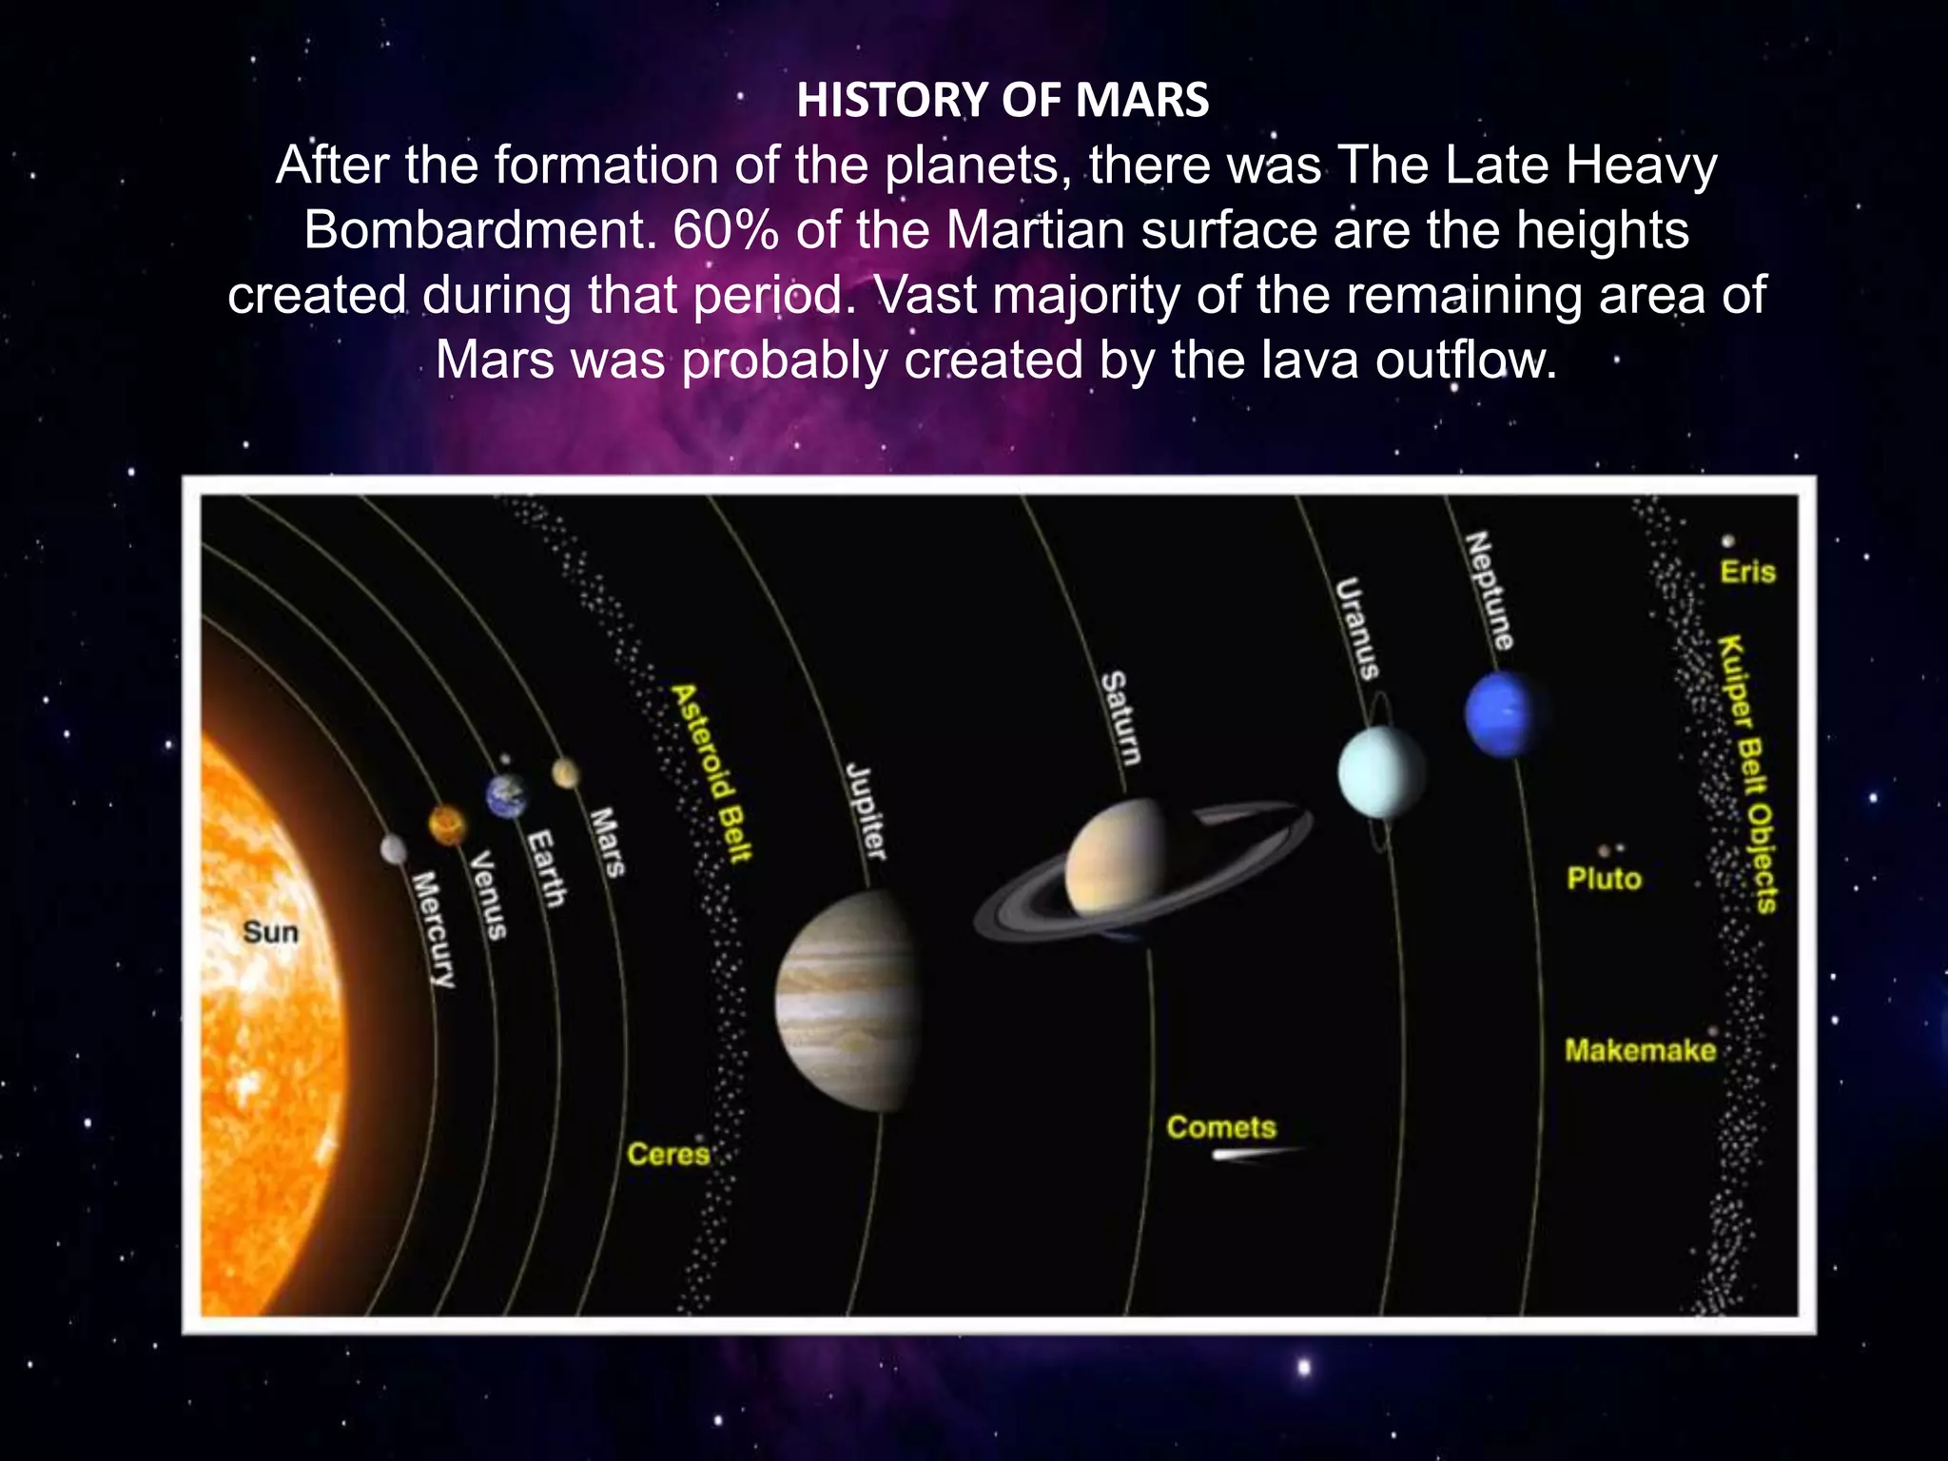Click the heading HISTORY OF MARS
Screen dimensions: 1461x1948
tap(1003, 100)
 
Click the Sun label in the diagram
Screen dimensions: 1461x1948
tap(270, 931)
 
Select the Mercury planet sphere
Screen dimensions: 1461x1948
tap(394, 848)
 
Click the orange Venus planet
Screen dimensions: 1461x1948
tap(446, 824)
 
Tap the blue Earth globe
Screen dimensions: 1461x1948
tap(506, 795)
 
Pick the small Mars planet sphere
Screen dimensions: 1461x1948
tap(565, 773)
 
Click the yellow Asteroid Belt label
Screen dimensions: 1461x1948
tap(712, 772)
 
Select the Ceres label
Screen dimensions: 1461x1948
tap(668, 1154)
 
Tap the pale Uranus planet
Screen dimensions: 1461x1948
tap(1381, 772)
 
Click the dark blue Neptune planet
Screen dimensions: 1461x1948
tap(1502, 713)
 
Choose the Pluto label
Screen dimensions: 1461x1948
tap(1604, 878)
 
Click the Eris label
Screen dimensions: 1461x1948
tap(1747, 572)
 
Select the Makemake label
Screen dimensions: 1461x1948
tap(1640, 1050)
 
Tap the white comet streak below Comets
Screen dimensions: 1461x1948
tap(1254, 1155)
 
